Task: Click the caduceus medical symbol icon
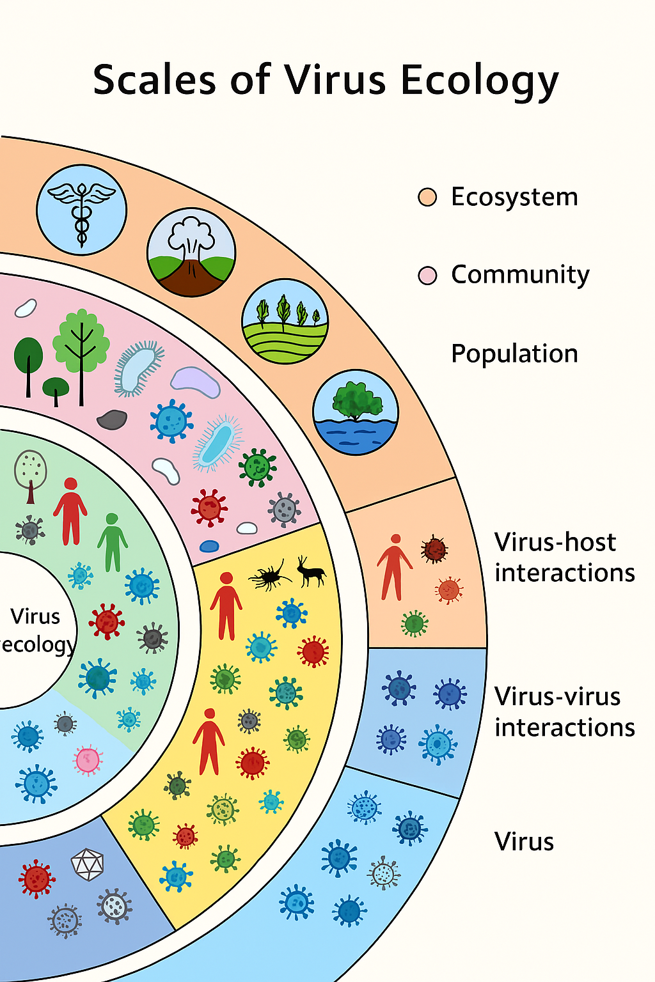pyautogui.click(x=81, y=210)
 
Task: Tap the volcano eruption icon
pyautogui.click(x=191, y=252)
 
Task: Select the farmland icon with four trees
pyautogui.click(x=285, y=321)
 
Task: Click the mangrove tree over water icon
pyautogui.click(x=356, y=412)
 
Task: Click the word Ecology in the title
pyautogui.click(x=480, y=82)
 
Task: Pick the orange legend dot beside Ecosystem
pyautogui.click(x=427, y=197)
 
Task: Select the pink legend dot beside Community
pyautogui.click(x=427, y=276)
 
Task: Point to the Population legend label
pyautogui.click(x=514, y=354)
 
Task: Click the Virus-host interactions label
pyautogui.click(x=564, y=557)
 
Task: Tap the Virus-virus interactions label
pyautogui.click(x=564, y=712)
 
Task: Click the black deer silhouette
pyautogui.click(x=311, y=570)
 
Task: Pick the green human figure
pyautogui.click(x=113, y=542)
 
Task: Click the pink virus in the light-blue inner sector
pyautogui.click(x=88, y=760)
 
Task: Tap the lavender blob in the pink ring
pyautogui.click(x=195, y=382)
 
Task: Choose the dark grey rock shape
pyautogui.click(x=112, y=419)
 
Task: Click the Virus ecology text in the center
pyautogui.click(x=36, y=630)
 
